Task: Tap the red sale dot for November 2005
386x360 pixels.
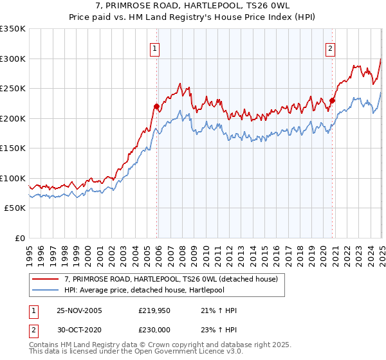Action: (x=156, y=106)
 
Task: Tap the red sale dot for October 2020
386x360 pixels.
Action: (x=333, y=100)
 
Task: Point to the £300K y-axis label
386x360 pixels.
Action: (x=13, y=59)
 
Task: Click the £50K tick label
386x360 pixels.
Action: (x=15, y=208)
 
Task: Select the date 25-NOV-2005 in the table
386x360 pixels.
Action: (x=79, y=310)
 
